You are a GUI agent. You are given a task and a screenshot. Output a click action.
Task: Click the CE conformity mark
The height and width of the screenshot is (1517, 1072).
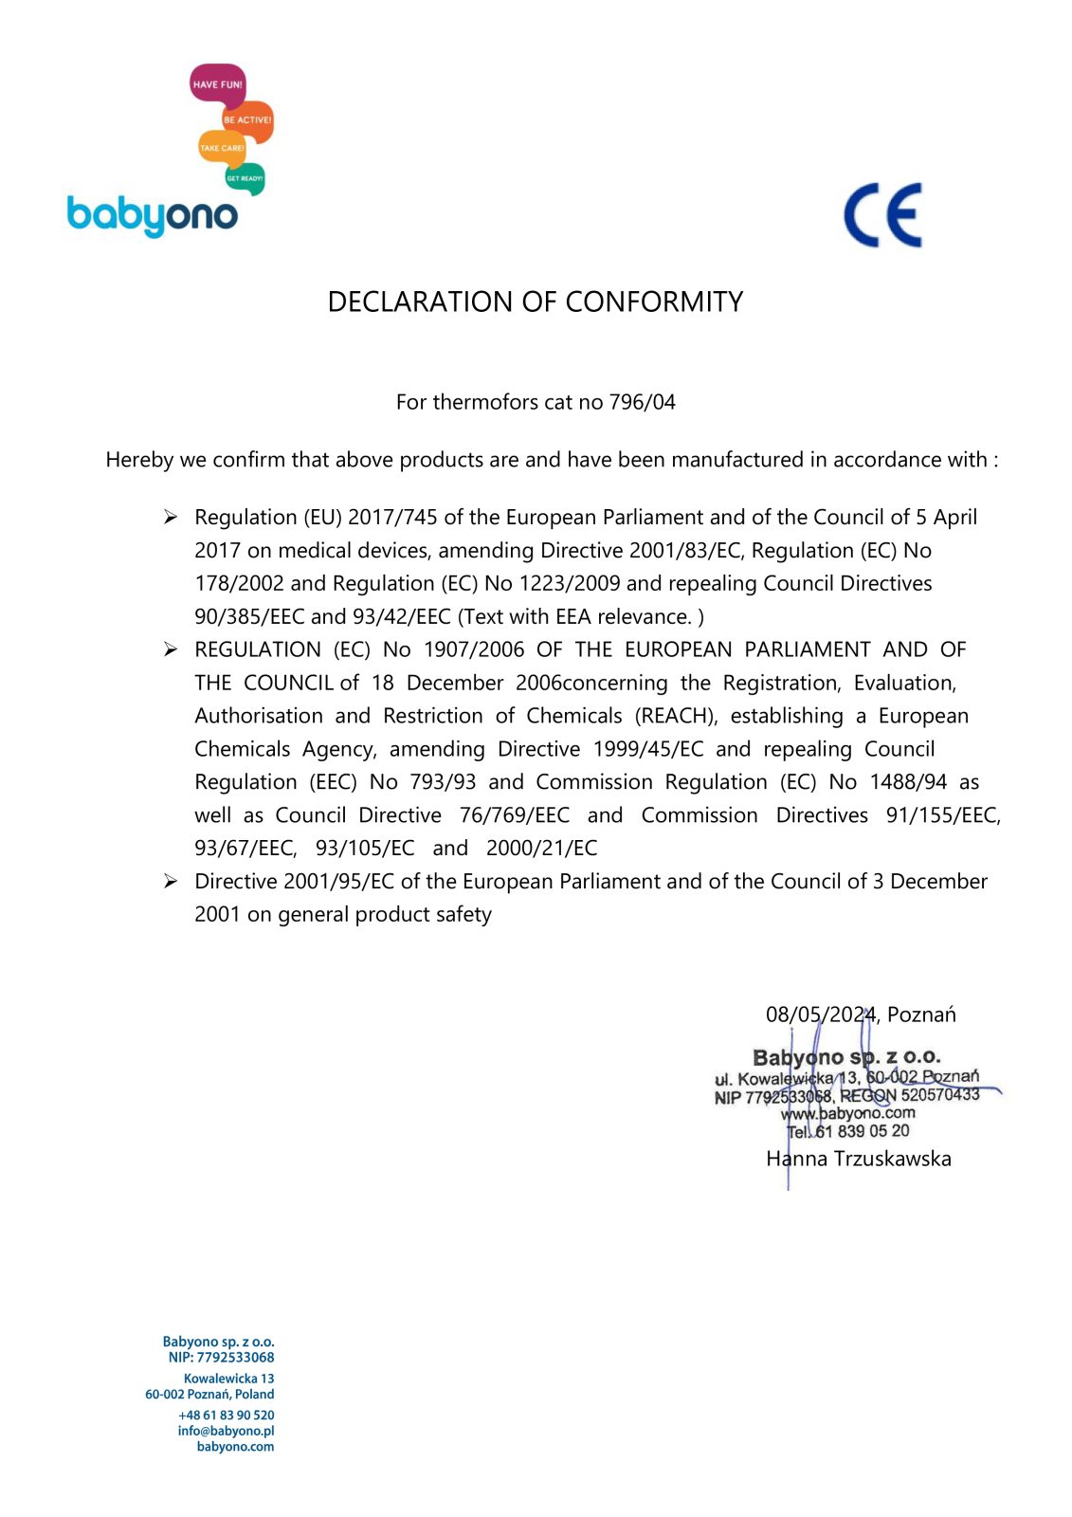click(x=882, y=215)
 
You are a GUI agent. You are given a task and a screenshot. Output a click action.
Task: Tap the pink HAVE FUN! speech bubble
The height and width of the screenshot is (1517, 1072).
click(x=217, y=84)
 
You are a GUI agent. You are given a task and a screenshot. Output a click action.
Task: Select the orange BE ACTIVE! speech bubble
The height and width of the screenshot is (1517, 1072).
click(x=247, y=120)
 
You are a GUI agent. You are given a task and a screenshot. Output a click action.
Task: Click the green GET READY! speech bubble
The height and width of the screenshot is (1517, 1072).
click(x=245, y=178)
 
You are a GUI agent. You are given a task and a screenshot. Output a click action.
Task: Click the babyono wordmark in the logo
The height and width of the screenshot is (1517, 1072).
click(x=152, y=216)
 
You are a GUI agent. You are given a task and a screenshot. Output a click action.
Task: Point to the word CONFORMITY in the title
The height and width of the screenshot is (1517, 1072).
click(x=654, y=302)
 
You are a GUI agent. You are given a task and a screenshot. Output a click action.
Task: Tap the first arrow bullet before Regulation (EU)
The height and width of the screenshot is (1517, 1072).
click(x=171, y=517)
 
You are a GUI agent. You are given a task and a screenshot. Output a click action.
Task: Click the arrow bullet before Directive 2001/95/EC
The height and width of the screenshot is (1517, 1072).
click(x=171, y=882)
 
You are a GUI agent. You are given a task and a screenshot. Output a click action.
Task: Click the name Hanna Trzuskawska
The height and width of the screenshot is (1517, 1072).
click(x=859, y=1159)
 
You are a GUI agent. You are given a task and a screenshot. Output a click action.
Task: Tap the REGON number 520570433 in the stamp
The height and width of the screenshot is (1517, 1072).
click(x=940, y=1095)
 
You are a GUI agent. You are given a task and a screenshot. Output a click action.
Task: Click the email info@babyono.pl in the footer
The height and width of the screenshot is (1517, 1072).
click(x=226, y=1431)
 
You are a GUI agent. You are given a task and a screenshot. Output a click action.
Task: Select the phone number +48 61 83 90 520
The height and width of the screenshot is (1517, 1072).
click(x=226, y=1415)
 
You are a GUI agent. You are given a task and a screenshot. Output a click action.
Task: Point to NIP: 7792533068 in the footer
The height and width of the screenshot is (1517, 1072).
click(x=221, y=1358)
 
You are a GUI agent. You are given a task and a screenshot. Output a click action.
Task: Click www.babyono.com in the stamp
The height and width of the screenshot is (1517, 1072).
click(x=848, y=1114)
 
